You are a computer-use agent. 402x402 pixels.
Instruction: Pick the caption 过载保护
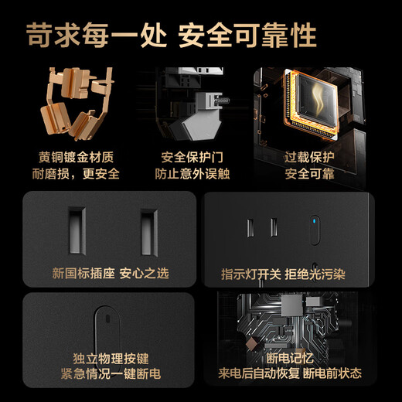tap(309, 155)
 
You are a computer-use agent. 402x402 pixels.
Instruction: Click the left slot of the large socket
tap(77, 231)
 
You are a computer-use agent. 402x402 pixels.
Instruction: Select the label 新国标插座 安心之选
tap(111, 273)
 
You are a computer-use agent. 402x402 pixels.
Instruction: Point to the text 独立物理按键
tap(111, 359)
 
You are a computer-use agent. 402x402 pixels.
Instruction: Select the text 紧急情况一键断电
tap(111, 376)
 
